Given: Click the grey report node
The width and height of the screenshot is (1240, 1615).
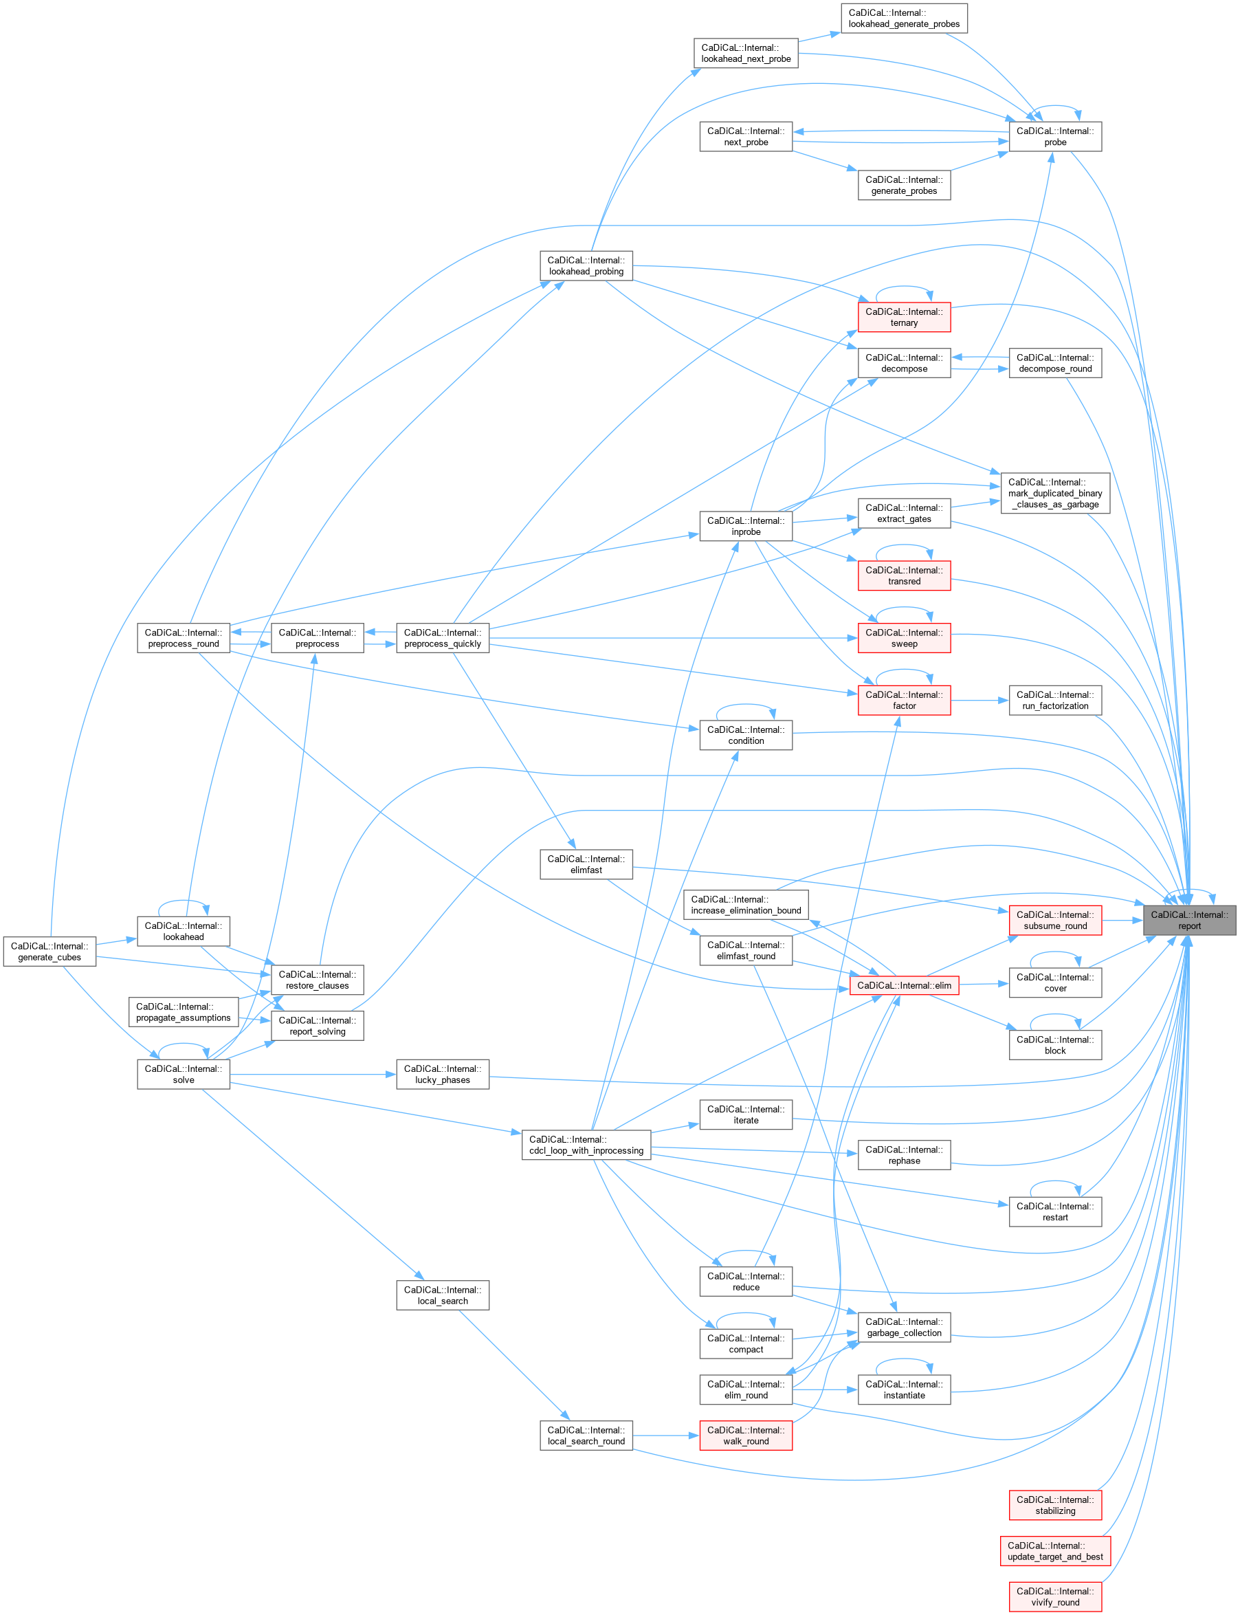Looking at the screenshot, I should click(1189, 921).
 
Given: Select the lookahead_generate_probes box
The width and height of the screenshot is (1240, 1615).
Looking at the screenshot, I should click(903, 19).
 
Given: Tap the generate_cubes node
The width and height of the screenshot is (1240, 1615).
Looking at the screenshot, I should click(49, 952).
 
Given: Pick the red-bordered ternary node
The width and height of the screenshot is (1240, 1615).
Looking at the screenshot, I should click(903, 318).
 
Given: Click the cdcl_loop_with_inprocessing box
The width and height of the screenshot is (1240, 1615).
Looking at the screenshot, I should click(586, 1145).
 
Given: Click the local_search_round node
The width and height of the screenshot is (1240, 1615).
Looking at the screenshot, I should click(586, 1436).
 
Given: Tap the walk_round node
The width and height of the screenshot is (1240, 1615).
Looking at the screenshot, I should click(746, 1436).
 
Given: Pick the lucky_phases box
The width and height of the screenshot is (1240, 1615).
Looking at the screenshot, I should click(442, 1074).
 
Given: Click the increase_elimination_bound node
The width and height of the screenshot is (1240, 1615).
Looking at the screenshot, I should click(746, 905).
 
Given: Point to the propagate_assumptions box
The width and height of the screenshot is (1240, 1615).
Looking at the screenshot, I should click(183, 1012).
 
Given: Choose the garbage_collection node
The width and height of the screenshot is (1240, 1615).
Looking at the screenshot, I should click(903, 1327).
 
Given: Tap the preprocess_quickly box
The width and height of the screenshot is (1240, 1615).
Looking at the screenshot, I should click(442, 639).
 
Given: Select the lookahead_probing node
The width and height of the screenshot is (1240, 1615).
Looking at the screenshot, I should click(586, 265).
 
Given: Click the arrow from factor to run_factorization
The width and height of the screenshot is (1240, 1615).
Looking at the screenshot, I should click(979, 701).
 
